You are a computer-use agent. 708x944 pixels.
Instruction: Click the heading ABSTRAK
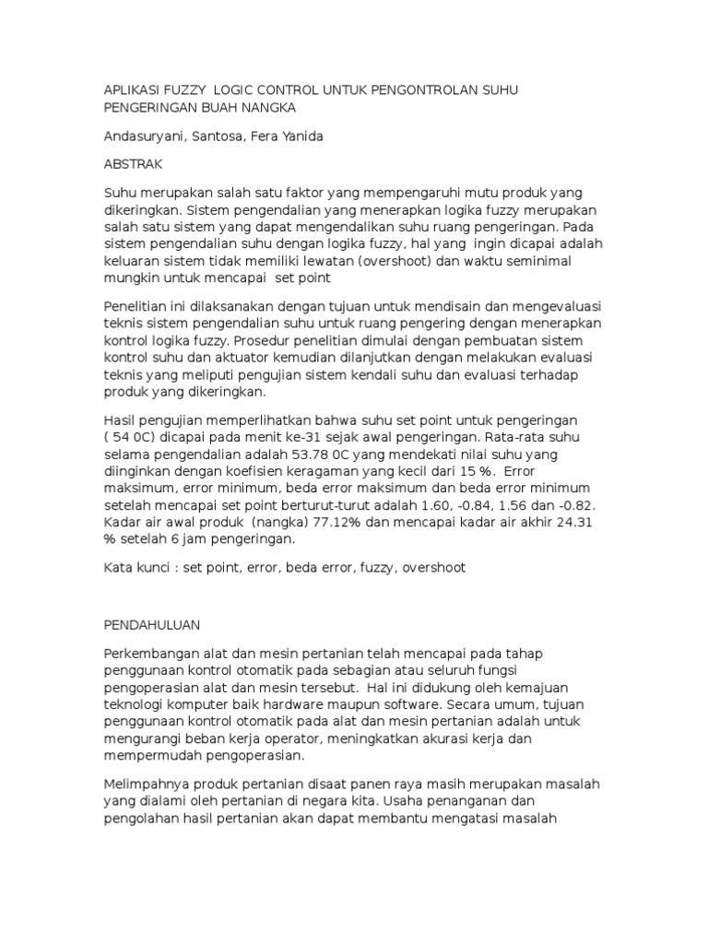(133, 165)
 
